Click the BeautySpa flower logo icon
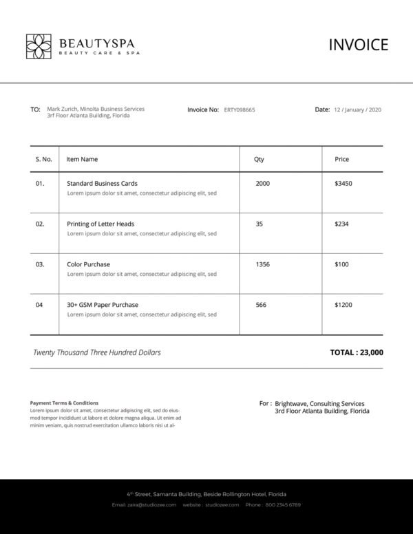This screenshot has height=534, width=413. [x=39, y=45]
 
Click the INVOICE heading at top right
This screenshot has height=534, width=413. [x=358, y=45]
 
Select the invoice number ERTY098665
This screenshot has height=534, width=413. [x=240, y=109]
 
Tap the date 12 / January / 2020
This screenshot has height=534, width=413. [x=357, y=109]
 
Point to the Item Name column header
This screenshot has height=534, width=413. [x=82, y=159]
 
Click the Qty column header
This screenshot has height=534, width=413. [x=259, y=159]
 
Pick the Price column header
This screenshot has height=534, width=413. [x=341, y=159]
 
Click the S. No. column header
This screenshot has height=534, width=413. [x=43, y=159]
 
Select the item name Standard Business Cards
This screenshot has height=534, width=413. [x=102, y=184]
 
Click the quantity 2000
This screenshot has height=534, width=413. [x=262, y=184]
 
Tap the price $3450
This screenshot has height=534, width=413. [x=343, y=184]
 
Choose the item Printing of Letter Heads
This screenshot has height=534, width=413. [x=100, y=224]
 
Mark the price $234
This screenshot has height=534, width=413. [x=341, y=224]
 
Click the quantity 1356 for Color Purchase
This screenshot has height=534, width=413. [x=262, y=264]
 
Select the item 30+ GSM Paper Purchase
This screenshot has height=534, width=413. [x=103, y=305]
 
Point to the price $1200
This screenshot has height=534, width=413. [x=343, y=305]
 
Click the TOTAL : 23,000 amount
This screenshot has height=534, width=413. [x=357, y=352]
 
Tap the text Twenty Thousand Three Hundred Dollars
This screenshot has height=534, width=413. [x=97, y=352]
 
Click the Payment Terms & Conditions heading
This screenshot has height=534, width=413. [x=64, y=403]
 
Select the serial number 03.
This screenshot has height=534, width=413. [x=40, y=264]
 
